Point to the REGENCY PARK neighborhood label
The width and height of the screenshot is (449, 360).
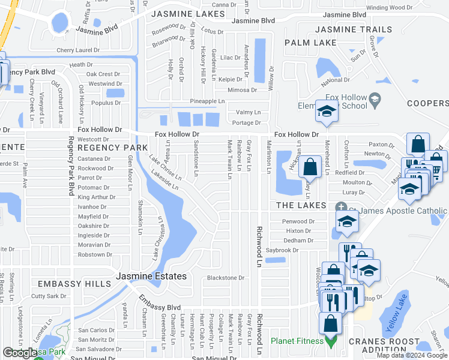pos(112,148)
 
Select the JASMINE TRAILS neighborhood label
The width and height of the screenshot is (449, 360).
pos(354,29)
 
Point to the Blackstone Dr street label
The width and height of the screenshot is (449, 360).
pos(226,278)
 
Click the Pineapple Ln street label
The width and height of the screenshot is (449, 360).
pos(207,101)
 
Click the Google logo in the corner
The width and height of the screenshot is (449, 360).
pos(20,353)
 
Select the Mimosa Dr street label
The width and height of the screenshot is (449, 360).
pos(242,90)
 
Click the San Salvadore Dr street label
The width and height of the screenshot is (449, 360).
pos(100,349)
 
